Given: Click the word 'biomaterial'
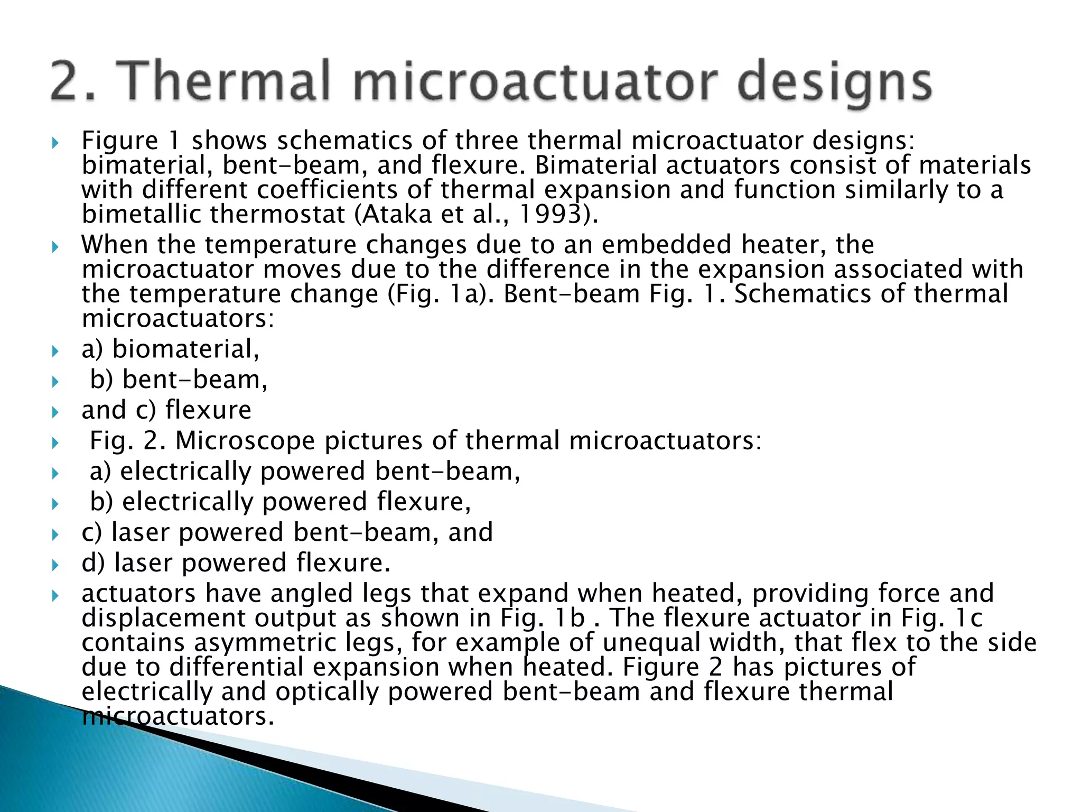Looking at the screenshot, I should (185, 349).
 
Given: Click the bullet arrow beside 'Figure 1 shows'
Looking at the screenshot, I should (55, 143).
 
